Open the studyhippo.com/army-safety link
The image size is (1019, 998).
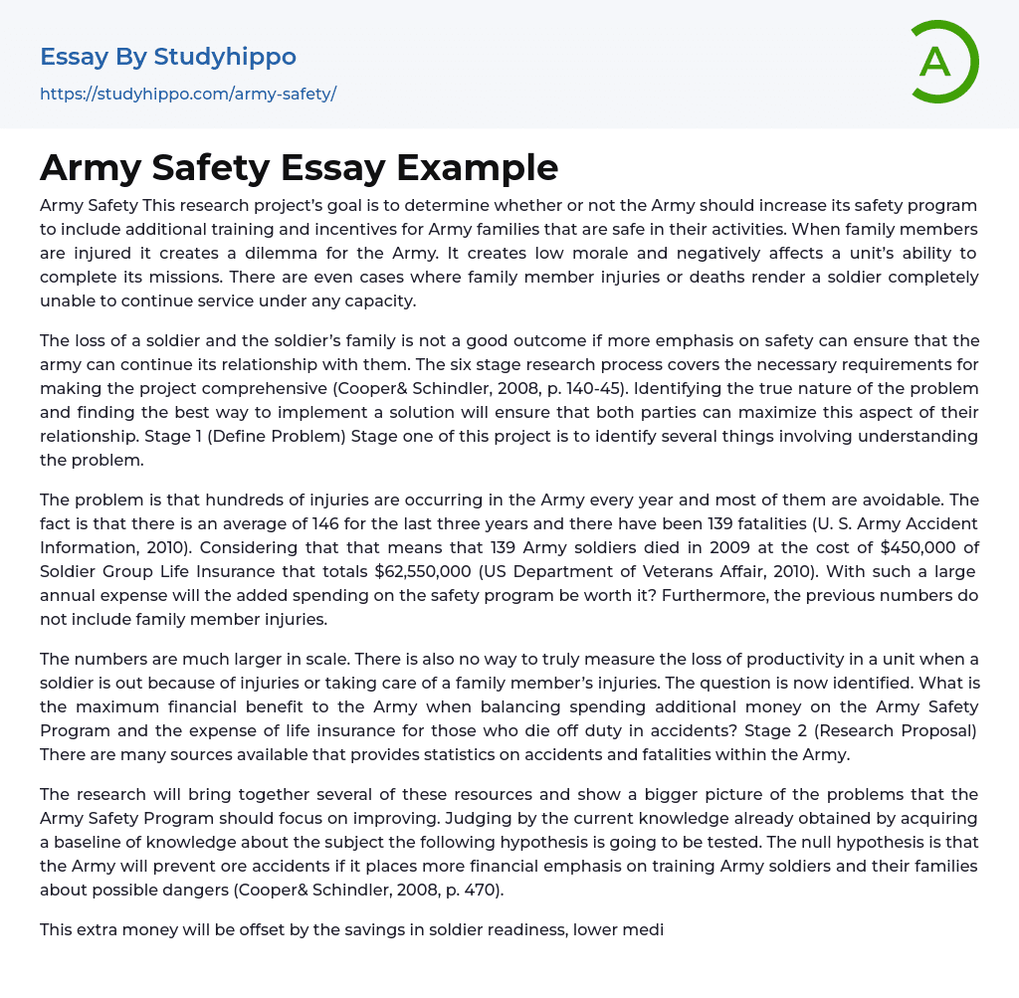pyautogui.click(x=188, y=94)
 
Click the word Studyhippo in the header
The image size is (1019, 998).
pyautogui.click(x=225, y=57)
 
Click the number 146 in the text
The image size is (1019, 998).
pyautogui.click(x=329, y=523)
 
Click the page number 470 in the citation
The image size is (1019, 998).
pyautogui.click(x=484, y=890)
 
